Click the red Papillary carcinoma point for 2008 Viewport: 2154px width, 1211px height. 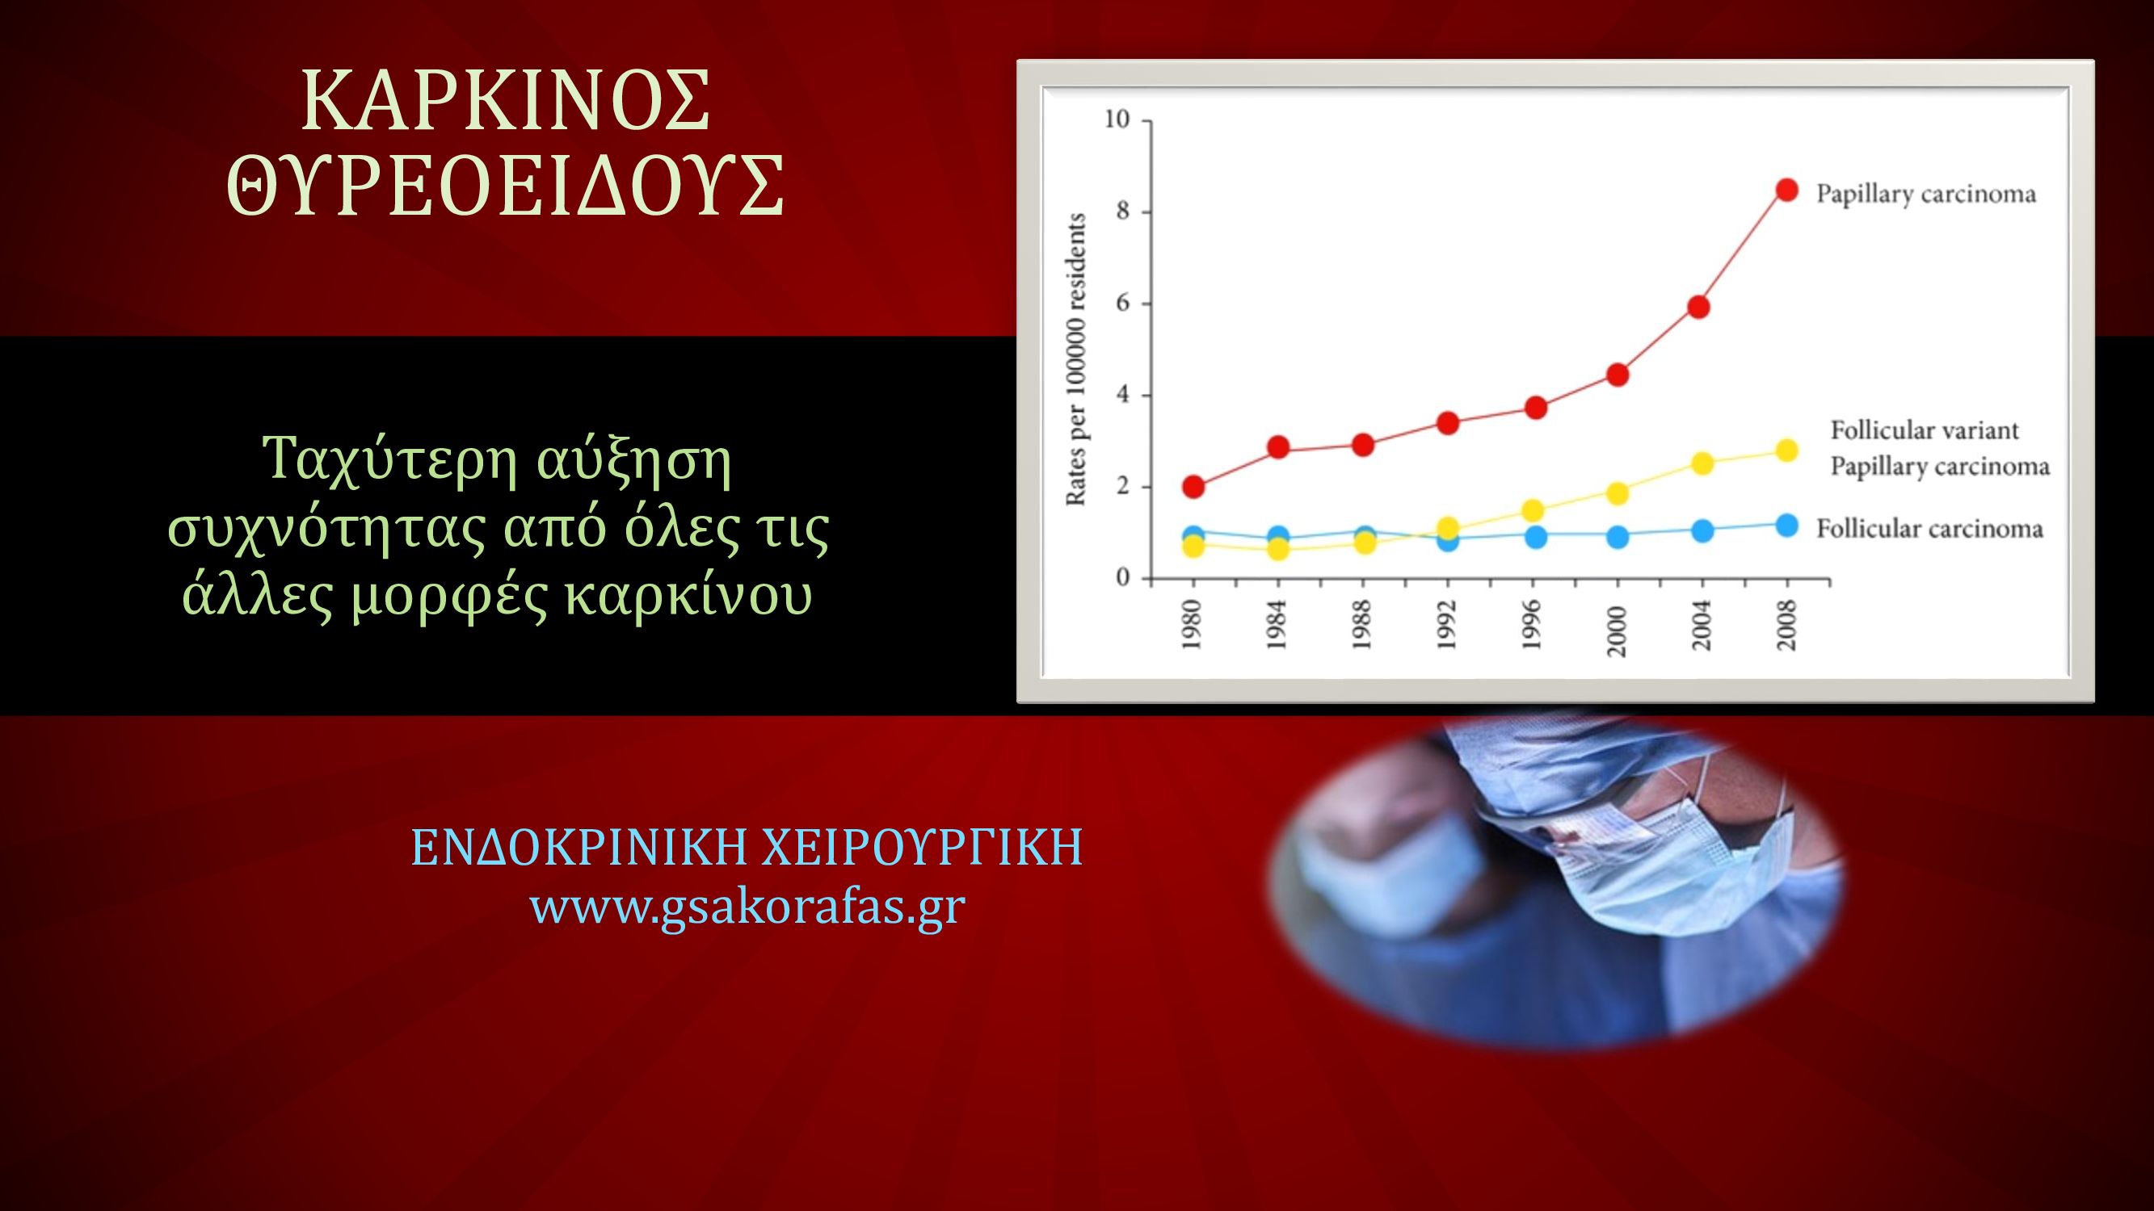pyautogui.click(x=1787, y=191)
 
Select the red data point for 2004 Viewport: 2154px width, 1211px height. pyautogui.click(x=1698, y=308)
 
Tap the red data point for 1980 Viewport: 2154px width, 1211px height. pyautogui.click(x=1194, y=486)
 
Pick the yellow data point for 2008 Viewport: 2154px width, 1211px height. pyautogui.click(x=1787, y=451)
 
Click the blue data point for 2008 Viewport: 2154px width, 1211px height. pyautogui.click(x=1787, y=526)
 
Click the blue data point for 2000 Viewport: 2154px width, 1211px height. pyautogui.click(x=1618, y=537)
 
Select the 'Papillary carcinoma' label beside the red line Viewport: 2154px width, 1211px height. pyautogui.click(x=1925, y=194)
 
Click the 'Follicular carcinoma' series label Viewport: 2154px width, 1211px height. pyautogui.click(x=1930, y=528)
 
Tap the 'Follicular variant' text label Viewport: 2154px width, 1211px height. pyautogui.click(x=1925, y=430)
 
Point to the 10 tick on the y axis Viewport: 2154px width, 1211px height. pyautogui.click(x=1117, y=119)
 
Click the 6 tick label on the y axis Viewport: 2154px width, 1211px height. pyautogui.click(x=1123, y=303)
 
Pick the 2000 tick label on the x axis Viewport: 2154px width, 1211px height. pyautogui.click(x=1618, y=631)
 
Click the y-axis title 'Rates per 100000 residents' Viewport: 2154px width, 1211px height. pyautogui.click(x=1075, y=359)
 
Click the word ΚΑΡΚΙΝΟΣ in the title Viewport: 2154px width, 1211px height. pyautogui.click(x=506, y=100)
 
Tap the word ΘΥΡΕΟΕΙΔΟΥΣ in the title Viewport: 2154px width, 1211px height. pyautogui.click(x=506, y=186)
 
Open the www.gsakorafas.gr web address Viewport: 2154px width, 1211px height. pyautogui.click(x=747, y=905)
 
